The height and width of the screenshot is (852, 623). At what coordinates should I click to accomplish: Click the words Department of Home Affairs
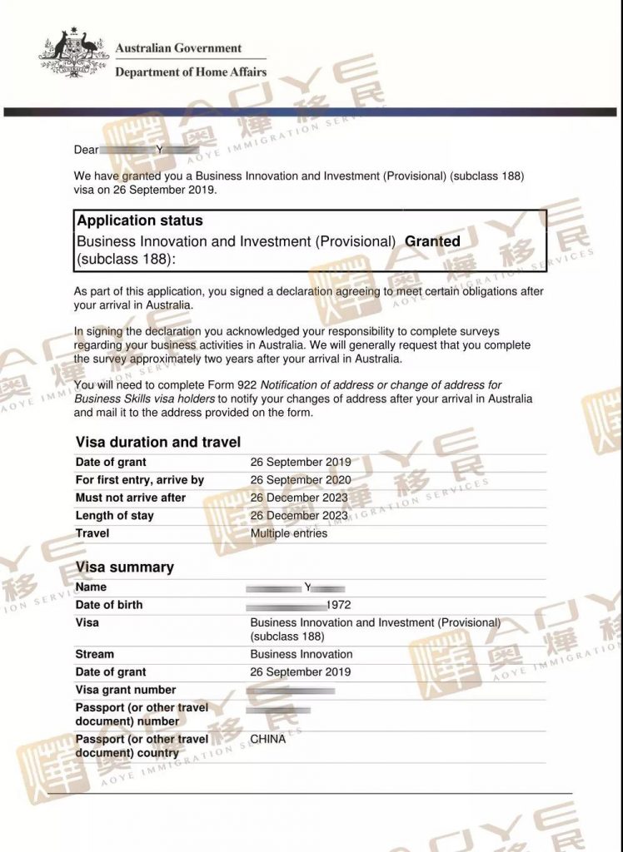191,72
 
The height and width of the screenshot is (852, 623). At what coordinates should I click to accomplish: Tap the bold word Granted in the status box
432,241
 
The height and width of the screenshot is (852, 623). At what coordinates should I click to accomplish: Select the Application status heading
140,221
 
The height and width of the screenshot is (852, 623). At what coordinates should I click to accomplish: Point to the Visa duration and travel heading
158,443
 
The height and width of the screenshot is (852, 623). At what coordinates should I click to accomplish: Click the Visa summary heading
125,567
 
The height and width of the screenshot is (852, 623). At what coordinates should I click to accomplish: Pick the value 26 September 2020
301,480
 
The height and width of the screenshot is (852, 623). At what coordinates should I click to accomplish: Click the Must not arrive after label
131,498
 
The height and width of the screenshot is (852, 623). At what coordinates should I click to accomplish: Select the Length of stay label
115,516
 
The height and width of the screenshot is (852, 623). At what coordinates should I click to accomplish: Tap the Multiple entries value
289,533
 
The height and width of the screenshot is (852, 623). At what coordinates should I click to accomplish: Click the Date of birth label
109,605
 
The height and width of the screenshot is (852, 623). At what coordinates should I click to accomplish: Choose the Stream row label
95,654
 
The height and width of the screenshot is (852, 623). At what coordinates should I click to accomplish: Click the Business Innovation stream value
302,654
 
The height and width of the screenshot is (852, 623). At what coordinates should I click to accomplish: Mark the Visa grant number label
126,690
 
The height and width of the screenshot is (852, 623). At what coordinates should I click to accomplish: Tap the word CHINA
268,738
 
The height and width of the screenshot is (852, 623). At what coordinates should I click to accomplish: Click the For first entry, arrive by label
140,480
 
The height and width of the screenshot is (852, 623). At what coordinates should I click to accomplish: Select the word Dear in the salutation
87,150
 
